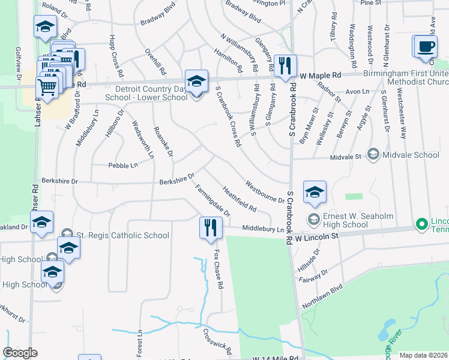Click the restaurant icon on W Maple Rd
[x=284, y=65]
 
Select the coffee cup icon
[x=425, y=46]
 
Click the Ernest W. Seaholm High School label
[x=345, y=220]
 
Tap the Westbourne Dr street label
[x=264, y=190]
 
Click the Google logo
[x=20, y=353]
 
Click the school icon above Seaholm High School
[x=315, y=193]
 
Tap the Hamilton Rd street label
[x=229, y=59]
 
